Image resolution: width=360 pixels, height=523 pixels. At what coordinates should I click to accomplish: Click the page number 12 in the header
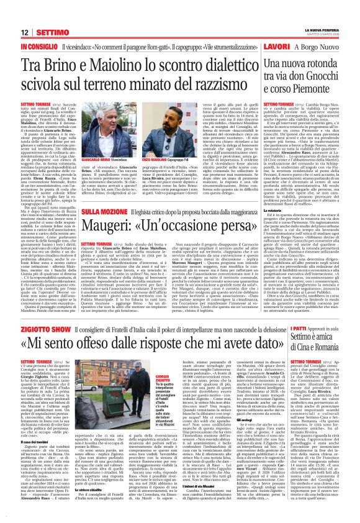point(25,14)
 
